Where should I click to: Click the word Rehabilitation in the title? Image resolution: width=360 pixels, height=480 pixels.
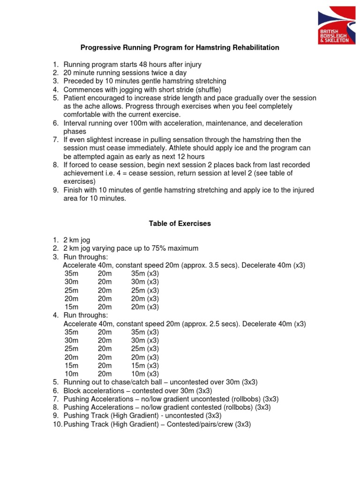255,47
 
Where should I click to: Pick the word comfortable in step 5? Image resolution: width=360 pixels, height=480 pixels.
82,115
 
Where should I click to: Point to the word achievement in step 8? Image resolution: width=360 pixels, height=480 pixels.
83,173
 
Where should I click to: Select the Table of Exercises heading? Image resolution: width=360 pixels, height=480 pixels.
180,224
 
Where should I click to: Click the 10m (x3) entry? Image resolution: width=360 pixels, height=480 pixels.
145,374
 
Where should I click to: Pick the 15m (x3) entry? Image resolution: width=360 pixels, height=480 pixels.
145,365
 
